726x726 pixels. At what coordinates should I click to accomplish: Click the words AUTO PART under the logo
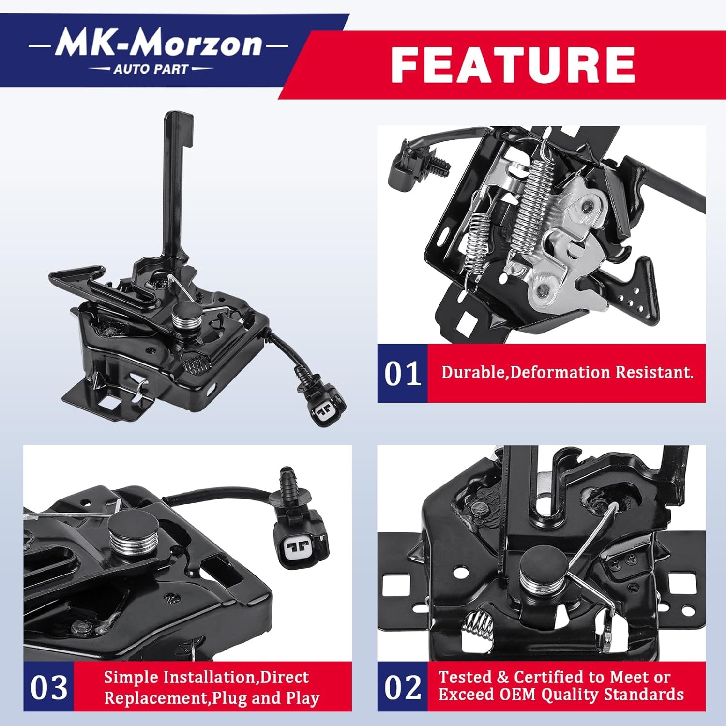(151, 69)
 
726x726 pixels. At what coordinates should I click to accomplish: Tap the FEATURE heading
(513, 65)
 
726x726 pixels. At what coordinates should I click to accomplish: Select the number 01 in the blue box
(402, 374)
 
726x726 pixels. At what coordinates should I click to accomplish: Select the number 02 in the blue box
(402, 687)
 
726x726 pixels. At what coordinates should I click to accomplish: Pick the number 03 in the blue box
(48, 687)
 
